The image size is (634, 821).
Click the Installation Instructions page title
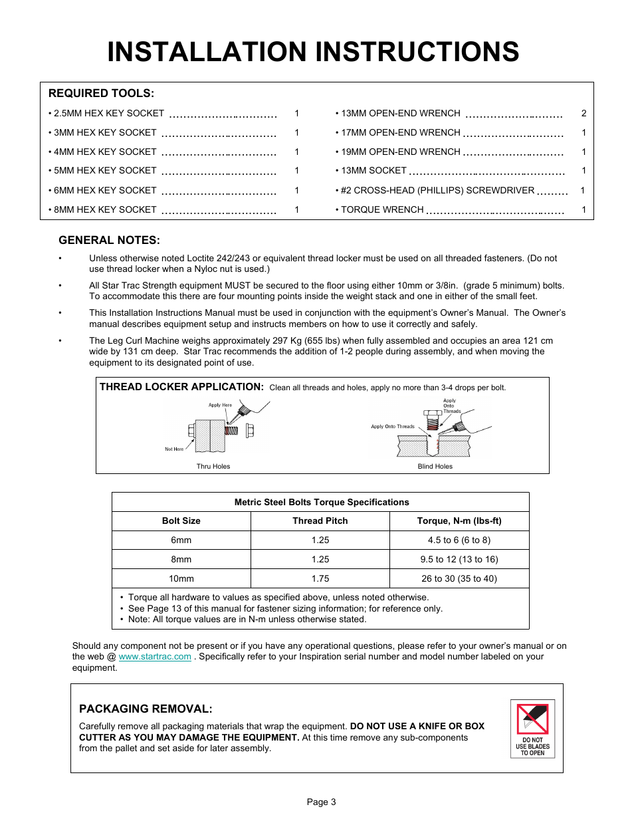pos(313,52)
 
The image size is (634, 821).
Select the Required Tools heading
pos(101,94)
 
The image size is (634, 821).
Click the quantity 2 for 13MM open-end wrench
pos(583,114)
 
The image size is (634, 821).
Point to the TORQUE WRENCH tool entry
pos(382,210)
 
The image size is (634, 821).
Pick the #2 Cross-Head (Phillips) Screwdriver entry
pos(437,191)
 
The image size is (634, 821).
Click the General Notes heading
pos(109,241)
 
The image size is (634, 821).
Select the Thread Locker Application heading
pos(181,387)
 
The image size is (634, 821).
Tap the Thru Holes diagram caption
pos(213,467)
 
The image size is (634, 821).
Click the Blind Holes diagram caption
pos(435,467)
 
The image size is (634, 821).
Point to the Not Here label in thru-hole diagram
pos(174,449)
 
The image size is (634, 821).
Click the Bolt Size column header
pos(181,521)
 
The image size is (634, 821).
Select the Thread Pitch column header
pos(320,521)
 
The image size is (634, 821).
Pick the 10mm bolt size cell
pos(181,579)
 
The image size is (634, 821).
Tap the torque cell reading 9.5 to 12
pos(459,560)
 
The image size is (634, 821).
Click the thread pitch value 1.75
pos(320,579)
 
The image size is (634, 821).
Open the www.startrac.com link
pos(155,657)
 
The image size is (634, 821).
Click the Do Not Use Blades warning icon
pos(532,729)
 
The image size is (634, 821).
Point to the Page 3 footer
pos(321,802)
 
